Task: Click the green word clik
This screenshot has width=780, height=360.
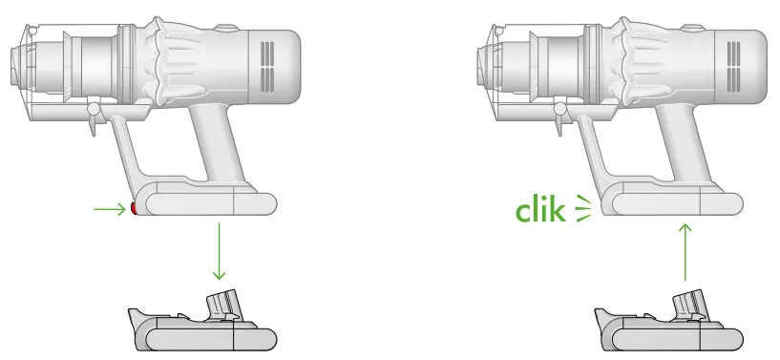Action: (x=542, y=210)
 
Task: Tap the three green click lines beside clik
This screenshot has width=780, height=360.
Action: (x=581, y=211)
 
